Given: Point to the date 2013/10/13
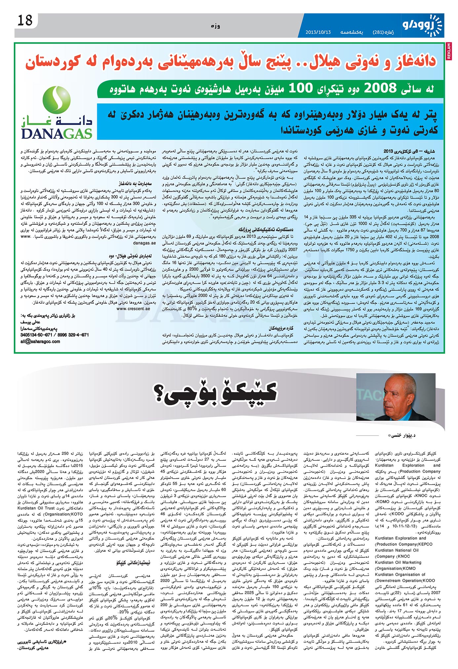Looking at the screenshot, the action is [318, 32].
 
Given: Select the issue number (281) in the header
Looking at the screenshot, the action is [378, 32].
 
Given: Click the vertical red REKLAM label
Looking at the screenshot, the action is [449, 51].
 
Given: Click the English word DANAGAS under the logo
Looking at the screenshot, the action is [57, 134].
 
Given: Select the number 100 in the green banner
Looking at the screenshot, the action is [300, 89].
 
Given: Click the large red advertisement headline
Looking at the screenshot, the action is [231, 62].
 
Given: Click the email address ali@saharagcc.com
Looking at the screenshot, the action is [40, 341].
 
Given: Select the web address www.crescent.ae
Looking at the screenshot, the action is [133, 308].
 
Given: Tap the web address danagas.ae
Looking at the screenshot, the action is [144, 243].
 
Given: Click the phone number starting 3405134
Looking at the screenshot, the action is [55, 335].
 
